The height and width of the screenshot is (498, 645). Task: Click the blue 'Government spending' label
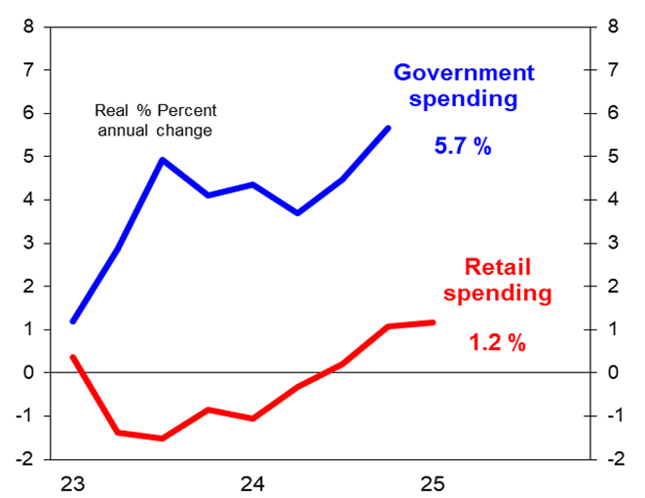tap(463, 86)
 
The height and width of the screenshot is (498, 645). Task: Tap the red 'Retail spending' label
tap(508, 279)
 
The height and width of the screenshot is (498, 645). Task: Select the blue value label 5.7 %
tap(463, 147)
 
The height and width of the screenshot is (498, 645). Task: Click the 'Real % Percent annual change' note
tap(156, 121)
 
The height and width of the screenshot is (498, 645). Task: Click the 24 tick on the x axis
tap(253, 483)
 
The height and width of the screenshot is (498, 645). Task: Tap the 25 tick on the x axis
tap(433, 483)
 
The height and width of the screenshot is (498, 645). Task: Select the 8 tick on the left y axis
tap(29, 27)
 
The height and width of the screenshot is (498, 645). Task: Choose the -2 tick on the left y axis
tap(26, 459)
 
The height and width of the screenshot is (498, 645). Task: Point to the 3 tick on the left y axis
tap(29, 244)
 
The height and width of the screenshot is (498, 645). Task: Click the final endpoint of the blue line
tap(389, 128)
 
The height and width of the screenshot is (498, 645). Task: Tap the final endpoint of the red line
tap(433, 322)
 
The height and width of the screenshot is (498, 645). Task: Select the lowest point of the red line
tap(163, 439)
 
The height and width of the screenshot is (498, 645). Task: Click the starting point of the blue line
tap(73, 322)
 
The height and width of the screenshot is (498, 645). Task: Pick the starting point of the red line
tap(73, 357)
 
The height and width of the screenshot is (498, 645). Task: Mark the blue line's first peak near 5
tap(163, 160)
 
